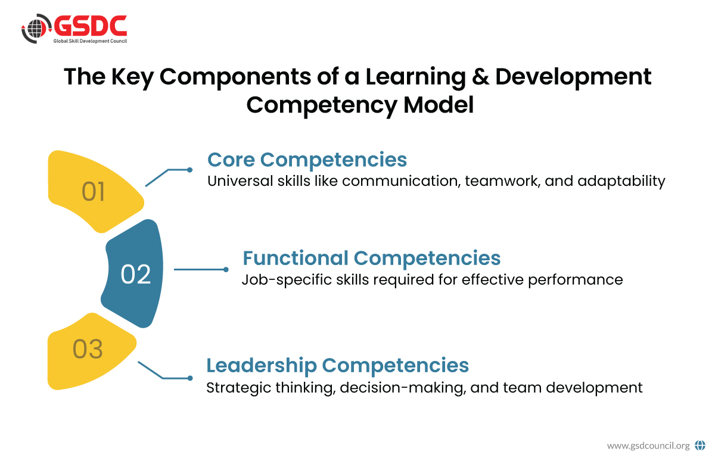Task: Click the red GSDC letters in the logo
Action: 91,26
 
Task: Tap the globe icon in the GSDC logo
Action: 35,29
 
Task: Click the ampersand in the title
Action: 480,77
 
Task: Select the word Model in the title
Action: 439,105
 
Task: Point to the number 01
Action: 93,192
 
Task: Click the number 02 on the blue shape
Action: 136,274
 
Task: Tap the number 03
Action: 88,349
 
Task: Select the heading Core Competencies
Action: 307,159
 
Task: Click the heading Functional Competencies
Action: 372,258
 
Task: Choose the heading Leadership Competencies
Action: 337,365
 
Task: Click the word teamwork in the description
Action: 502,181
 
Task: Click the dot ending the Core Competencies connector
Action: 189,170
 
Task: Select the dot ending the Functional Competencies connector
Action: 226,270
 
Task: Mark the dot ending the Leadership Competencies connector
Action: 190,378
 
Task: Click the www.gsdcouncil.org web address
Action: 648,446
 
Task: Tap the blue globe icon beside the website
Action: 700,445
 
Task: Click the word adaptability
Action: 621,181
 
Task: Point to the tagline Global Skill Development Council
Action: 90,41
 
